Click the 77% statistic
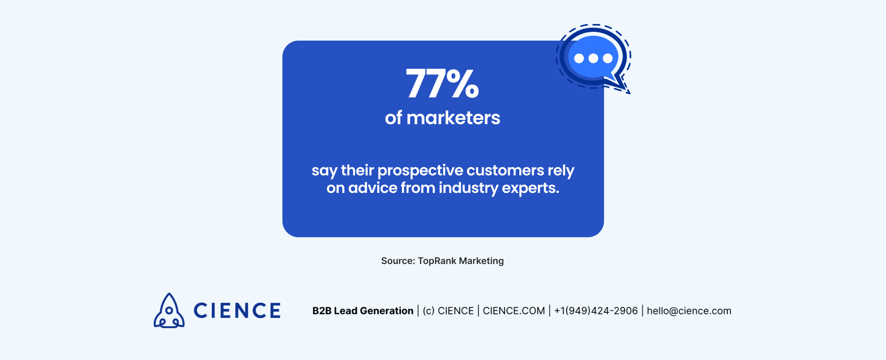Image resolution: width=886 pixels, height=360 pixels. [442, 84]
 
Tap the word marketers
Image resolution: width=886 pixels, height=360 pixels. [453, 118]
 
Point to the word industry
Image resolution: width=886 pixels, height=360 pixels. [468, 188]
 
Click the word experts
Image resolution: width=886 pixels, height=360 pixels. [530, 188]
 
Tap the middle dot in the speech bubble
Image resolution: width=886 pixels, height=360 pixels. [593, 58]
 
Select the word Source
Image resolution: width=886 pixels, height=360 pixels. [398, 261]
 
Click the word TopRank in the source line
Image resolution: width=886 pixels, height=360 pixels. [437, 261]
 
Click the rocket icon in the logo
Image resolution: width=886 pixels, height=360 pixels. [169, 311]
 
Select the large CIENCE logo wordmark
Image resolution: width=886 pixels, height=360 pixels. [237, 311]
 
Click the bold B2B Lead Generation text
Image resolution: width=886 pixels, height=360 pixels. [363, 311]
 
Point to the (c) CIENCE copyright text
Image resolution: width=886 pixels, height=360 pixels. [448, 311]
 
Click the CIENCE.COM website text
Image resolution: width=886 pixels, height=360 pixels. [514, 311]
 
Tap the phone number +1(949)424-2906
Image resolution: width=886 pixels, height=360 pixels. [596, 311]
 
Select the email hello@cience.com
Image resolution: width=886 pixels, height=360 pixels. [689, 311]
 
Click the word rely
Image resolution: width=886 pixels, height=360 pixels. [561, 171]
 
